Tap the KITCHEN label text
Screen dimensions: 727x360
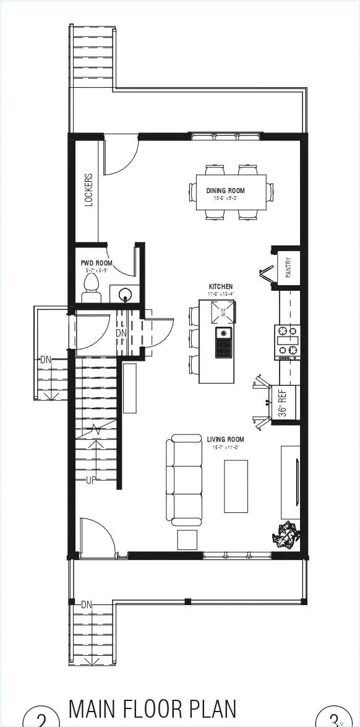coord(221,286)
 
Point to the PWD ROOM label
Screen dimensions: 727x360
coord(96,263)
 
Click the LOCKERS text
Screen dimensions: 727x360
coord(88,189)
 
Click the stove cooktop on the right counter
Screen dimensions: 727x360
coord(287,343)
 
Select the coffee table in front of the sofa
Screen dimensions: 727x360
coord(236,486)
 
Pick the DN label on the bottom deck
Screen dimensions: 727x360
coord(86,604)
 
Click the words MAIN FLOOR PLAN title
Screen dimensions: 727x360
coord(152,708)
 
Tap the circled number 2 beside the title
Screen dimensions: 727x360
coord(41,719)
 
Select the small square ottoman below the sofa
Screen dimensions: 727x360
coord(187,540)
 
